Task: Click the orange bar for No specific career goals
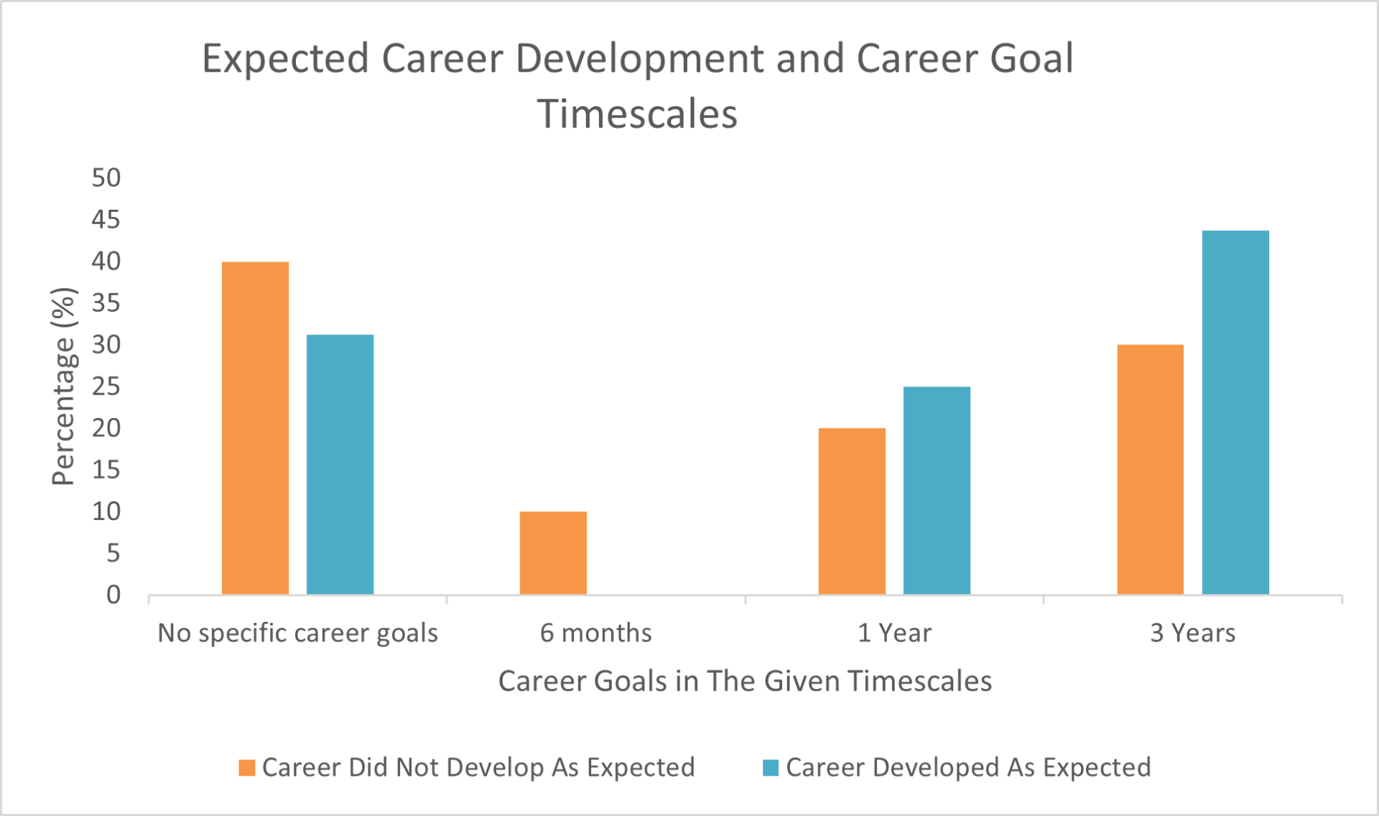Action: point(255,428)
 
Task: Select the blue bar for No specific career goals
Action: point(340,465)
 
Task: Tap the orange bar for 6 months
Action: point(553,553)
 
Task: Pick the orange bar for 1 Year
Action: point(852,511)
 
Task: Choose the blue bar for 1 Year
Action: point(937,491)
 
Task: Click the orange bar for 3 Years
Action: point(1150,470)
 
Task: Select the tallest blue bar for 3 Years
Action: point(1235,412)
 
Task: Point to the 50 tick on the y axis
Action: point(106,177)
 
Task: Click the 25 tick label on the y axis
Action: point(106,386)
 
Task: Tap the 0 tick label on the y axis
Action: point(113,595)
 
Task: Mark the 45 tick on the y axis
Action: point(106,219)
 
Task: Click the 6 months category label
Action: point(595,633)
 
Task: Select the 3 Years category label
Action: point(1193,633)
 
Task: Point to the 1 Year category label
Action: point(894,633)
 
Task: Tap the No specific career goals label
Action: point(297,634)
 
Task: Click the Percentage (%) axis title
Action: point(63,386)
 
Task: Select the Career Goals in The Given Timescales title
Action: point(745,681)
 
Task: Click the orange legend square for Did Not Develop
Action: point(247,768)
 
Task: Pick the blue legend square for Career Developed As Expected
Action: point(771,768)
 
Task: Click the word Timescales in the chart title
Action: point(637,114)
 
